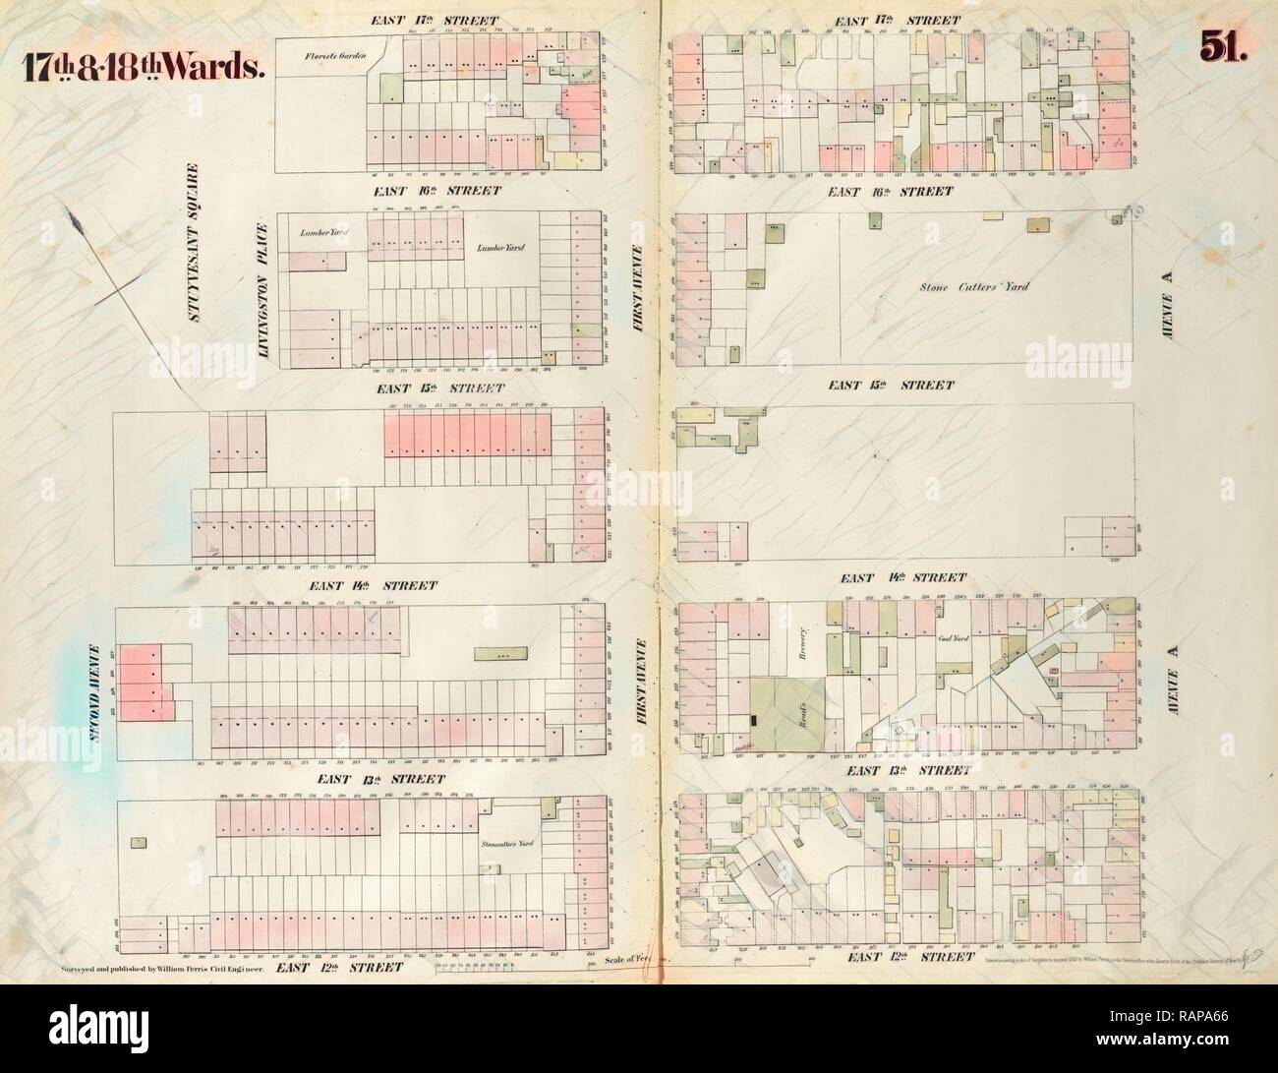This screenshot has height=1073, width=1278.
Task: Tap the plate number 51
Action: coord(1220,47)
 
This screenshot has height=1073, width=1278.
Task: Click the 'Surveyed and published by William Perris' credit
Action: coord(157,968)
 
